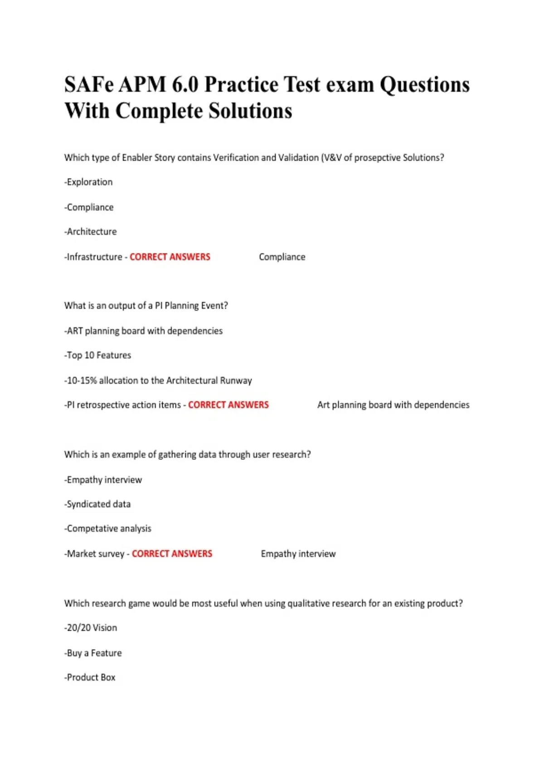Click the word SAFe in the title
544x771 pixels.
click(88, 85)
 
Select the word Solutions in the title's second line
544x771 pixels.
click(250, 111)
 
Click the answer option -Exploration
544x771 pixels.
click(88, 182)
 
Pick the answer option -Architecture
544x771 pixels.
click(90, 232)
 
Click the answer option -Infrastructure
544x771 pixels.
click(93, 257)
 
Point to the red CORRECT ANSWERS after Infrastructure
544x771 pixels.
click(170, 257)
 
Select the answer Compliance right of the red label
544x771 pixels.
click(282, 257)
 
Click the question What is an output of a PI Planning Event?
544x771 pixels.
click(146, 306)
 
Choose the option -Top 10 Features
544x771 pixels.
click(97, 356)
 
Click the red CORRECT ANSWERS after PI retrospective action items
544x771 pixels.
click(228, 405)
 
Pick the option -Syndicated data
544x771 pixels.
click(97, 504)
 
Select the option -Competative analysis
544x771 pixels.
click(108, 529)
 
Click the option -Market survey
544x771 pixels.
click(94, 554)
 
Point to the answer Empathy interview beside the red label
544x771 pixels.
click(298, 554)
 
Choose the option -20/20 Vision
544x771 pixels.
click(91, 628)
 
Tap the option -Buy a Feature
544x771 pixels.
click(93, 653)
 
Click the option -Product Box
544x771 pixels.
click(90, 678)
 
